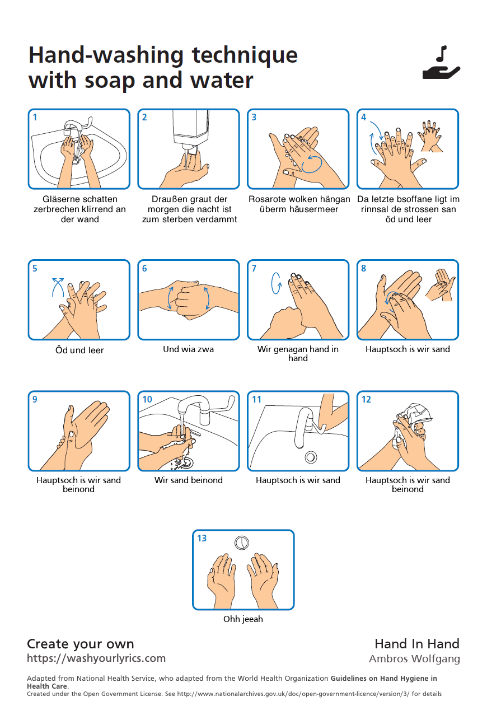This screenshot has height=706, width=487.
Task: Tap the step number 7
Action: pyautogui.click(x=254, y=269)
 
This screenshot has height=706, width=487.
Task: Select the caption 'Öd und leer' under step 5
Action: pyautogui.click(x=79, y=350)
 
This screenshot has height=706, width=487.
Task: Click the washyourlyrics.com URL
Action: pyautogui.click(x=96, y=658)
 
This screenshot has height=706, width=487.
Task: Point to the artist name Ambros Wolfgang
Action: pyautogui.click(x=414, y=659)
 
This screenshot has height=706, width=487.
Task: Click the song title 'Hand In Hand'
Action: pyautogui.click(x=417, y=644)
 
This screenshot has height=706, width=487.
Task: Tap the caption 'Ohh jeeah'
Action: pyautogui.click(x=243, y=619)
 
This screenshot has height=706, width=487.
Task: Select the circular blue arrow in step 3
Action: pyautogui.click(x=312, y=163)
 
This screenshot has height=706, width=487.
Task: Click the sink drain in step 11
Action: pyautogui.click(x=311, y=457)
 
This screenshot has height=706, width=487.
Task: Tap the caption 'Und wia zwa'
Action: pyautogui.click(x=188, y=349)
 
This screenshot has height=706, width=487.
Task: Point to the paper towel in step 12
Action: pyautogui.click(x=414, y=417)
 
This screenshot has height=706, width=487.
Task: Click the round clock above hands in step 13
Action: pyautogui.click(x=242, y=542)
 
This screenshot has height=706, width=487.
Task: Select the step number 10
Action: pyautogui.click(x=147, y=400)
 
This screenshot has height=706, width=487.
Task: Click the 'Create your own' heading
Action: pyautogui.click(x=81, y=644)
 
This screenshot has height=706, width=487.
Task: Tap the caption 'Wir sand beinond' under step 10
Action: pyautogui.click(x=189, y=480)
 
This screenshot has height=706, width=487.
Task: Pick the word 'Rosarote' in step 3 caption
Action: pyautogui.click(x=267, y=199)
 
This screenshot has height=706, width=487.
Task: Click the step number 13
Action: pyautogui.click(x=202, y=539)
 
